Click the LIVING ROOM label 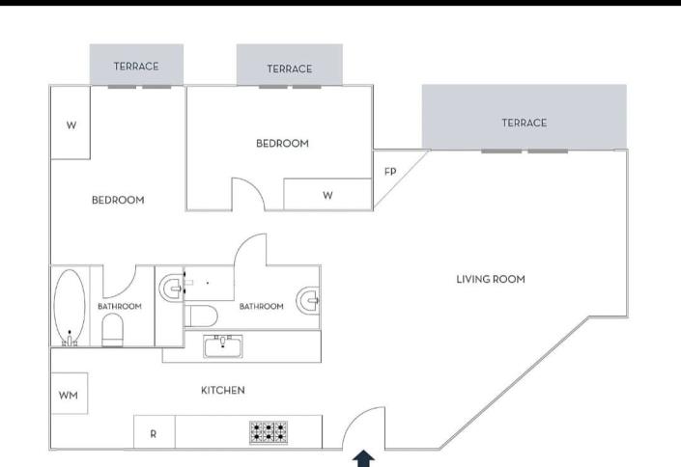491,280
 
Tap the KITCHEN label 222,391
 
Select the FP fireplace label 390,172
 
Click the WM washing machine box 69,395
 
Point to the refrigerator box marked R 153,433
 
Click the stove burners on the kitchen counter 268,431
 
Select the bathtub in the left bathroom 69,306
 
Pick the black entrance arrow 364,458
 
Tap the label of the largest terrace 524,123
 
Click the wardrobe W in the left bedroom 71,124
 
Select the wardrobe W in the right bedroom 327,195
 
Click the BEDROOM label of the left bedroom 118,201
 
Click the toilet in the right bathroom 202,316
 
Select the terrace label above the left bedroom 135,67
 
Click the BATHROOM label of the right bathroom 261,307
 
